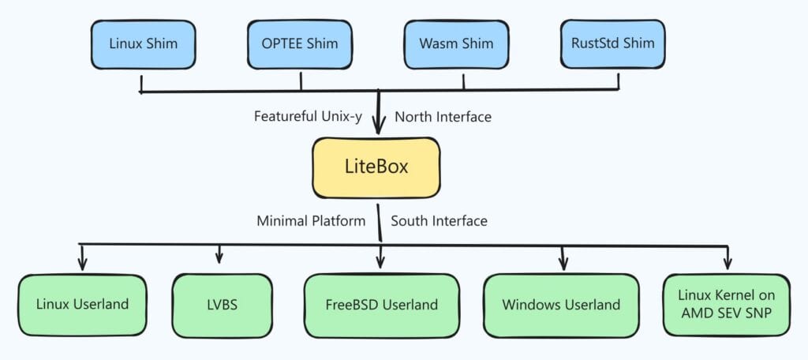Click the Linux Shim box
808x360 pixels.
click(143, 44)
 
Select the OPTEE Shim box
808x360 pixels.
click(301, 44)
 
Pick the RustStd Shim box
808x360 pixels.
click(613, 44)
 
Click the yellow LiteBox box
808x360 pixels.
click(376, 167)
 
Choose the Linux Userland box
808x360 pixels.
click(82, 304)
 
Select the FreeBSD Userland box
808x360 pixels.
click(382, 304)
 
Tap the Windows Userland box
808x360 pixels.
click(561, 304)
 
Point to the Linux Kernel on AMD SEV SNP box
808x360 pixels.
click(726, 304)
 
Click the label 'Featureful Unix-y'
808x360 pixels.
click(308, 117)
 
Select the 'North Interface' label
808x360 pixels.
click(443, 117)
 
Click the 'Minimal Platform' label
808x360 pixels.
click(311, 220)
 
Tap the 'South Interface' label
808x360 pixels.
click(439, 220)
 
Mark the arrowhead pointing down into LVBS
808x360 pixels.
click(219, 258)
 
